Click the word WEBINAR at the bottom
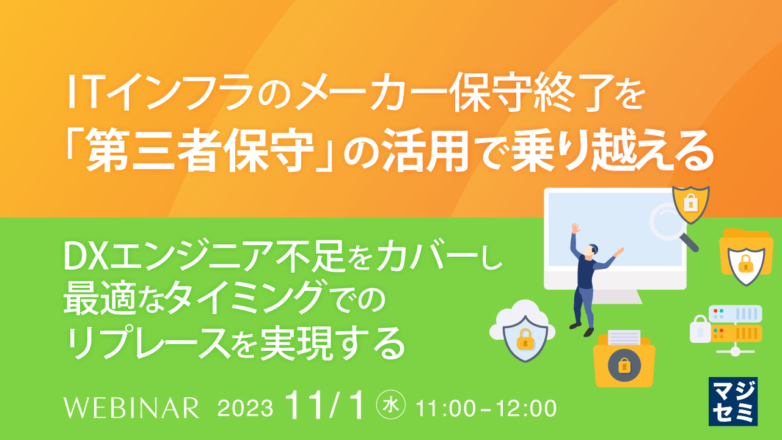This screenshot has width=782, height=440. coord(131,408)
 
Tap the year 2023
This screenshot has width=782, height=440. coord(245,408)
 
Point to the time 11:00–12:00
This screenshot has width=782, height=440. coord(486,408)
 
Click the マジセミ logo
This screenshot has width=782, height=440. coord(733,401)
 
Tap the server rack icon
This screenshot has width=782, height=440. coord(733,327)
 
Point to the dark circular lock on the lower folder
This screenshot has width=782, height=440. coord(623,366)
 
